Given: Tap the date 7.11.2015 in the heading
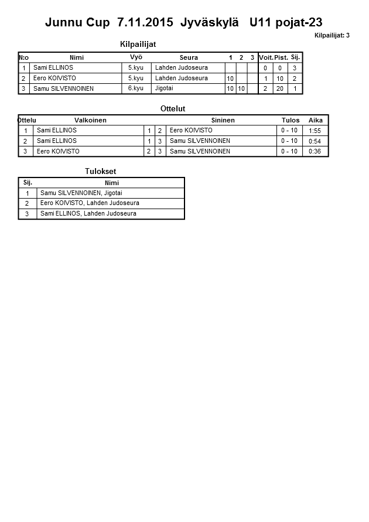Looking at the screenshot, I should (x=145, y=22).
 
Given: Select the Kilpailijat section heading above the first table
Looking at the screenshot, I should (x=138, y=45).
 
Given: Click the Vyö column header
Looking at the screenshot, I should (x=136, y=57).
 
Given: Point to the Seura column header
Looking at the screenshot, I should (x=189, y=57).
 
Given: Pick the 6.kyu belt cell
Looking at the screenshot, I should (x=135, y=88).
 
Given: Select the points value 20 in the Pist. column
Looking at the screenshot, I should (x=281, y=88).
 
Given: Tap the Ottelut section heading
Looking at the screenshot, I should (x=173, y=108).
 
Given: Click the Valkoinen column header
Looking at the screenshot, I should (x=90, y=120).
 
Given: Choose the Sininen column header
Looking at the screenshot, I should (x=223, y=120).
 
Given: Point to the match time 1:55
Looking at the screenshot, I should (x=315, y=131).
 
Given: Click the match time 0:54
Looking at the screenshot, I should (x=315, y=141).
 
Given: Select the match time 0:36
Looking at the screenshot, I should (x=315, y=152).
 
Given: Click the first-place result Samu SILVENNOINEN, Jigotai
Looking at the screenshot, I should (x=81, y=193).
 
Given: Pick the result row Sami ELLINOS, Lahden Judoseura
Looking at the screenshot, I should (x=88, y=214).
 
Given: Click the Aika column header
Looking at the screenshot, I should (x=316, y=120).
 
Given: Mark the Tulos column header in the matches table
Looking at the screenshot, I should (x=291, y=120).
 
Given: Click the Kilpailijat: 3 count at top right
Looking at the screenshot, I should (x=332, y=36).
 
